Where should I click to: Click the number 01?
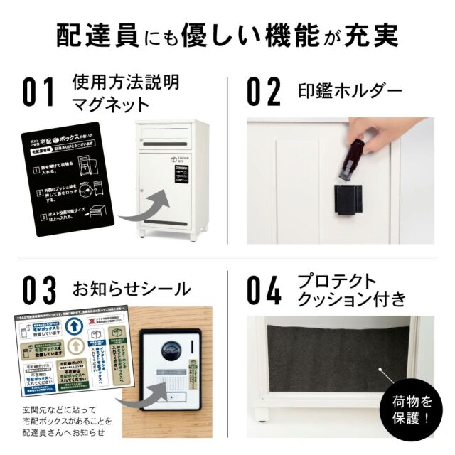point(38,93)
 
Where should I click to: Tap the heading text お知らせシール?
point(132,289)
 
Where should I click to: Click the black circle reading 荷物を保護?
point(407,412)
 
